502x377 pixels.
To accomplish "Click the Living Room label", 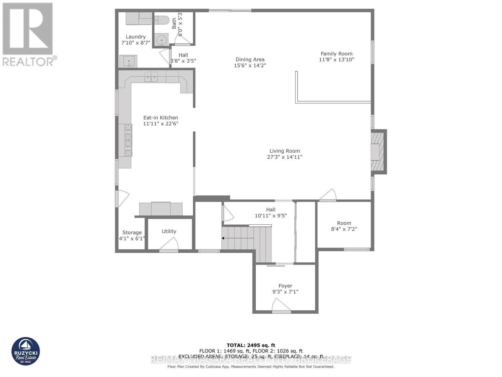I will (285, 151).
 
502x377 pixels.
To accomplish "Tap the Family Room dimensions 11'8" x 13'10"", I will (336, 60).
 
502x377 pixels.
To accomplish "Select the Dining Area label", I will (250, 59).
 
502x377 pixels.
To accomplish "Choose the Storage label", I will (132, 232).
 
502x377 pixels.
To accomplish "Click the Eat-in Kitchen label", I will (161, 117).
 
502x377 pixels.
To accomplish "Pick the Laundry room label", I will (136, 37).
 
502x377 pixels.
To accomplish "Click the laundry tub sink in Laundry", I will (129, 61).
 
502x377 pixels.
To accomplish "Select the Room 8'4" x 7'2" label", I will (344, 223).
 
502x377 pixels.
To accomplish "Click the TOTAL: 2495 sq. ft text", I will (251, 345).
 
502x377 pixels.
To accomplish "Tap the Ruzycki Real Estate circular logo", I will (26, 352).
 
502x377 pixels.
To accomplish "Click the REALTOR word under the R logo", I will (28, 62).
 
